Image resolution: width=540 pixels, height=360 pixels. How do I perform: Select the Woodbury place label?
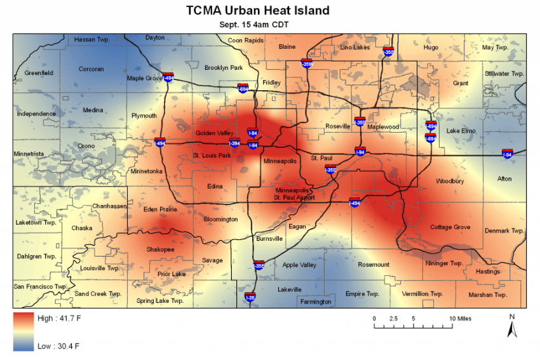[450, 181]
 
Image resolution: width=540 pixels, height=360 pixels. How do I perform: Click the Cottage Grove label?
[450, 227]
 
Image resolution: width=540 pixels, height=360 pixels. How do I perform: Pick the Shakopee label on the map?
[160, 250]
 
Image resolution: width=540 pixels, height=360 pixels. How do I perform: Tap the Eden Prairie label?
[159, 210]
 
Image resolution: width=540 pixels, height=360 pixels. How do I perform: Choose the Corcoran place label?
[91, 69]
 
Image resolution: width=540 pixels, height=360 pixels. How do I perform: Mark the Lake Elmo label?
[461, 131]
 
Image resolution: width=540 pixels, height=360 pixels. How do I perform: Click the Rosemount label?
[374, 264]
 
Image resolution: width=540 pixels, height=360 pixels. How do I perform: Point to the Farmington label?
[316, 302]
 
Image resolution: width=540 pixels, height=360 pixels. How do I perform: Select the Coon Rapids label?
[246, 40]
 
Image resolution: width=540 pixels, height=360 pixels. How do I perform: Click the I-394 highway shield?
[234, 143]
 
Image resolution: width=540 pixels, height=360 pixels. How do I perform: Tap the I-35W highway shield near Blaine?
[307, 63]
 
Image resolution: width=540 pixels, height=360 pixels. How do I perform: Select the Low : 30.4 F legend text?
[58, 346]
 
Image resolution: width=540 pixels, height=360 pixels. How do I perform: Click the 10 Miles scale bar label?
[461, 318]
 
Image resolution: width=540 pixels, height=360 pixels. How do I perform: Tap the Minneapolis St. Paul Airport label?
[294, 194]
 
